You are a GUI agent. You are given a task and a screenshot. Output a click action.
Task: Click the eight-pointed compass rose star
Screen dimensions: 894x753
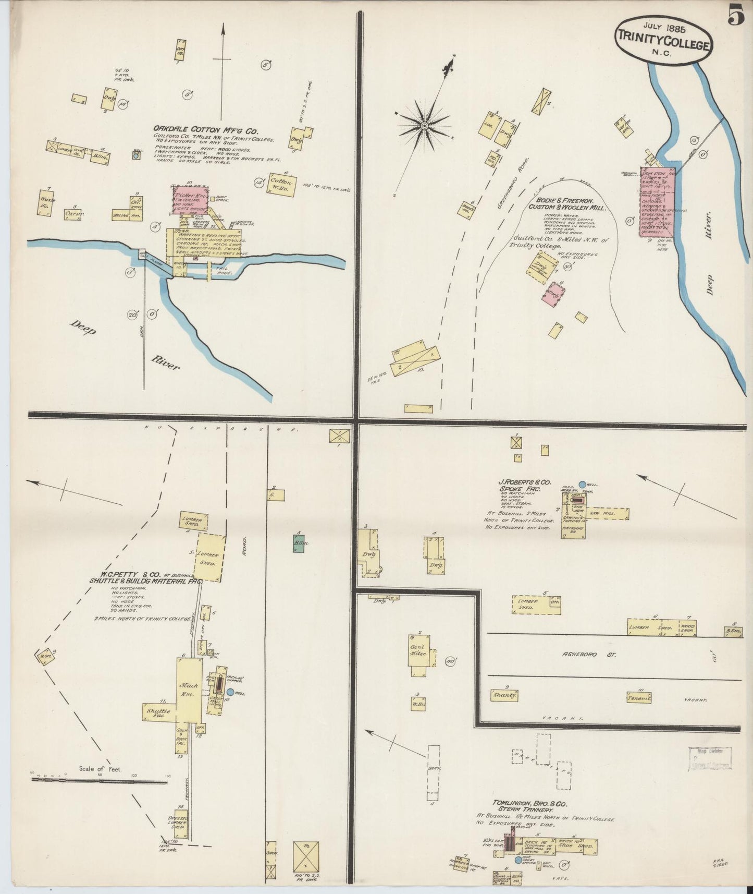[424, 125]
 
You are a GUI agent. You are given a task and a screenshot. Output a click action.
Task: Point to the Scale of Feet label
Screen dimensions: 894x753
[101, 768]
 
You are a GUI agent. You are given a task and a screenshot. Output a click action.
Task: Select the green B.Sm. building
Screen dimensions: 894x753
[299, 542]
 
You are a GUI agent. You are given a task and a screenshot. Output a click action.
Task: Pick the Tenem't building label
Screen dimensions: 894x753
[639, 697]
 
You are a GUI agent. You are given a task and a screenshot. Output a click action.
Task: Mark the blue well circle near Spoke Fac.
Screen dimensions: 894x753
[582, 485]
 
